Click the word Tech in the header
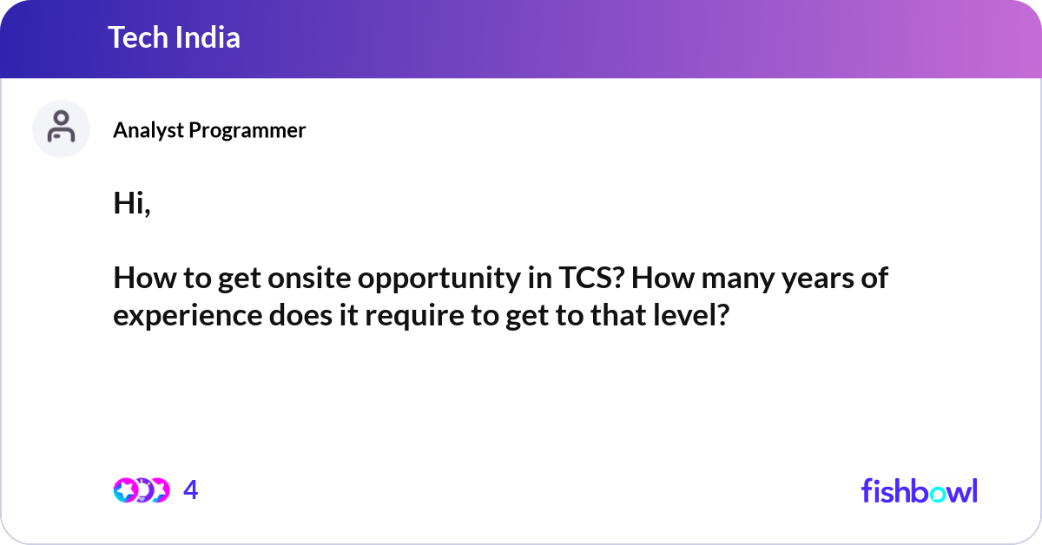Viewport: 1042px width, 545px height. point(138,37)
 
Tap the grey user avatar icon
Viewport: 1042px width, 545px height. point(61,128)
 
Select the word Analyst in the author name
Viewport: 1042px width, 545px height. point(148,130)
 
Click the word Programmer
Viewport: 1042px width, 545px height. point(247,130)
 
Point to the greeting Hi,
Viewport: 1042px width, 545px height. point(132,203)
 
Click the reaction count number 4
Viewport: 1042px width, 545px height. point(191,490)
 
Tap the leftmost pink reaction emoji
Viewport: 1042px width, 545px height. point(126,490)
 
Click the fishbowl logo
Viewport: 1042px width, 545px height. point(920,490)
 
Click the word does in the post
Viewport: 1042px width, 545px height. point(300,315)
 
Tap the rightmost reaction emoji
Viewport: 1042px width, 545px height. point(159,490)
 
